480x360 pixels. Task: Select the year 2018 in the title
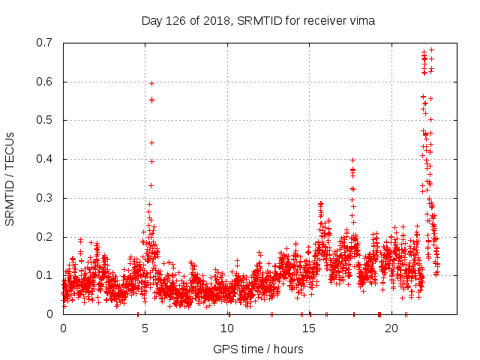pos(219,20)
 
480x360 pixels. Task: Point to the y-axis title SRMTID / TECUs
pos(10,178)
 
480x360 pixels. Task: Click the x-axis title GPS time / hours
pos(258,349)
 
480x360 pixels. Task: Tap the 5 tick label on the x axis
pos(145,328)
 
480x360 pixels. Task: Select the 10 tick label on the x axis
pos(228,328)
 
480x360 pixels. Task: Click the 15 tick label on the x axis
pos(310,328)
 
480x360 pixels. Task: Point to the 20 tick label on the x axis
pos(392,328)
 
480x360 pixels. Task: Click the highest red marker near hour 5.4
pos(151,83)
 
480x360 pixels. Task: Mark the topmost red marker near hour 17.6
pos(352,160)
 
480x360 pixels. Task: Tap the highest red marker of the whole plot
pos(431,50)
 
